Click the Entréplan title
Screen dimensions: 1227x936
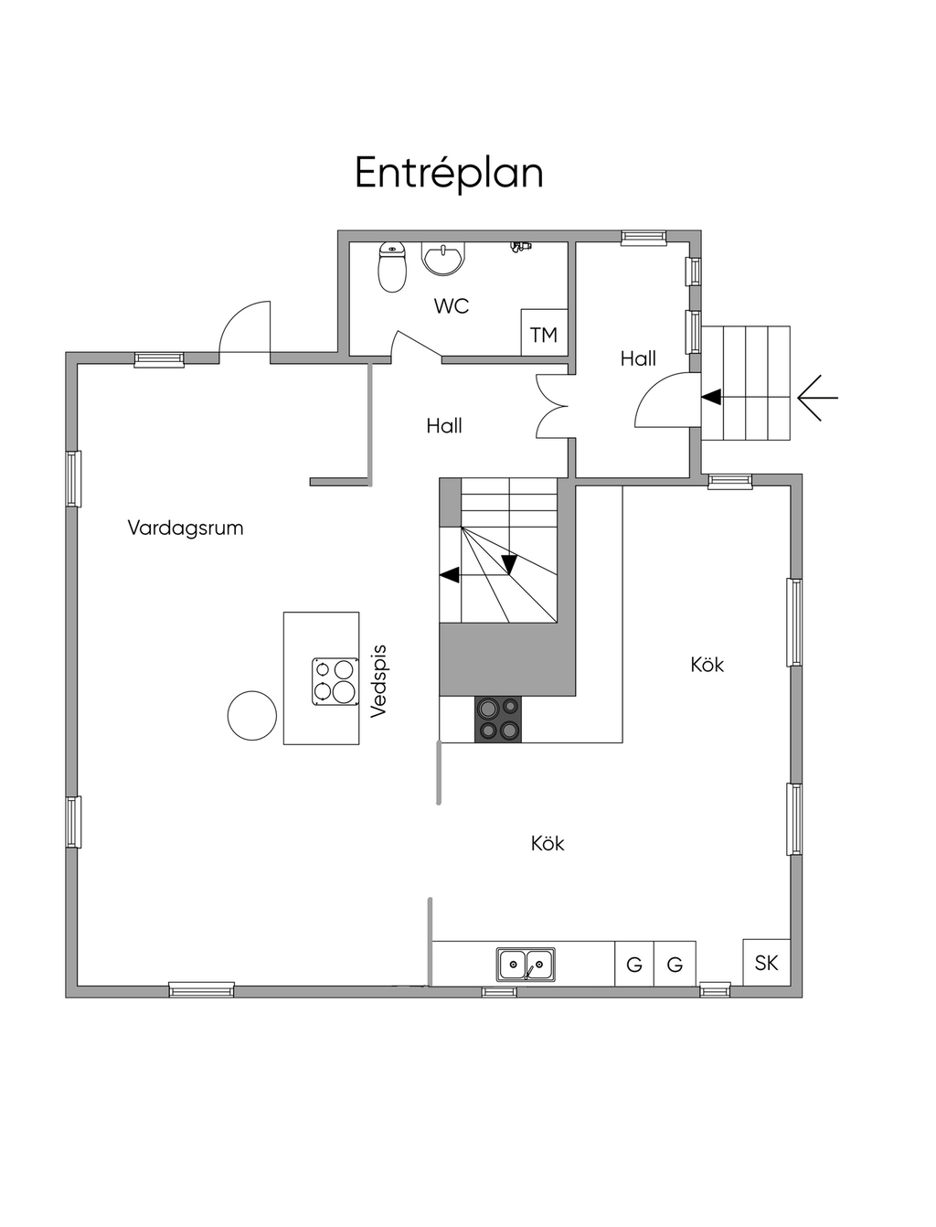tap(449, 173)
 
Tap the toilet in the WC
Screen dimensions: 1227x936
tap(392, 267)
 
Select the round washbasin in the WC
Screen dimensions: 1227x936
tap(443, 258)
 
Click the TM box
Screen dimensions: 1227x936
tap(544, 335)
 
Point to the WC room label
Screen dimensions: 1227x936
tap(452, 306)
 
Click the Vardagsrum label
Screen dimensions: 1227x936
tap(186, 528)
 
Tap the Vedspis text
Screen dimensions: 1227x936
tap(379, 681)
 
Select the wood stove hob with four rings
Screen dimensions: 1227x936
tap(334, 681)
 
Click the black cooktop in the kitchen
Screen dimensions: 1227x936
tap(498, 718)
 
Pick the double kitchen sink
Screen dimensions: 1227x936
tap(526, 964)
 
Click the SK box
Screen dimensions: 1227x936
tap(766, 963)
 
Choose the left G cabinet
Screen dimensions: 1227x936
tap(633, 965)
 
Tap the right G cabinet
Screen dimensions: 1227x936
tap(675, 965)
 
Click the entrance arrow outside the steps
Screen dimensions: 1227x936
tap(817, 398)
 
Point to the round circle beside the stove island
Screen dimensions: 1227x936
tap(251, 715)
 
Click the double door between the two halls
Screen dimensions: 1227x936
tap(553, 406)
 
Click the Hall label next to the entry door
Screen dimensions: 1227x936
tap(638, 358)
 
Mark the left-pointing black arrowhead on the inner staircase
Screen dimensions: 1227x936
tap(449, 575)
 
